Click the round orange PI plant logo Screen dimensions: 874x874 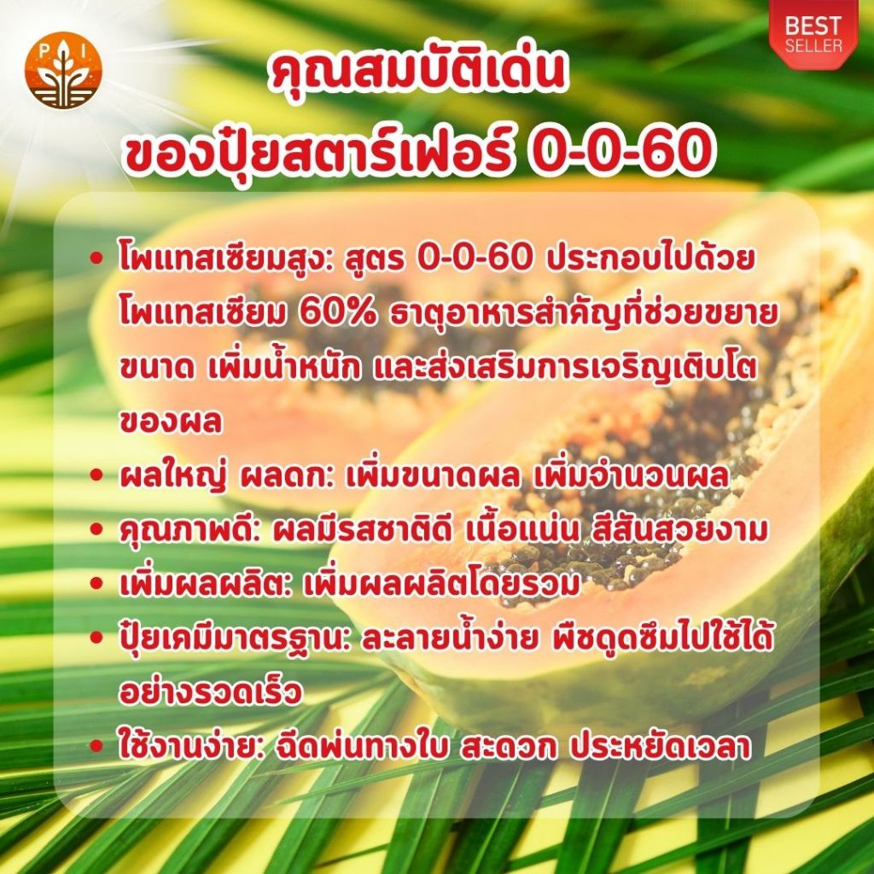tap(63, 70)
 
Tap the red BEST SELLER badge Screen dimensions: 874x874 tap(813, 34)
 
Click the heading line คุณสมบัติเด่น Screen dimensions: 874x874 tap(417, 73)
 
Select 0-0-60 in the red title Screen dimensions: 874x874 tap(620, 150)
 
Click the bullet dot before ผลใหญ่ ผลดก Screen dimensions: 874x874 tap(97, 475)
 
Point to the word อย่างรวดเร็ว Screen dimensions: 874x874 tap(211, 692)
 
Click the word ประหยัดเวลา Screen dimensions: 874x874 tap(660, 746)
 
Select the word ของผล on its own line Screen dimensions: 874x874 tap(171, 422)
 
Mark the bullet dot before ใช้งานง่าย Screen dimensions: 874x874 tap(97, 746)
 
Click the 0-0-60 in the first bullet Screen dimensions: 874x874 tap(474, 259)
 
